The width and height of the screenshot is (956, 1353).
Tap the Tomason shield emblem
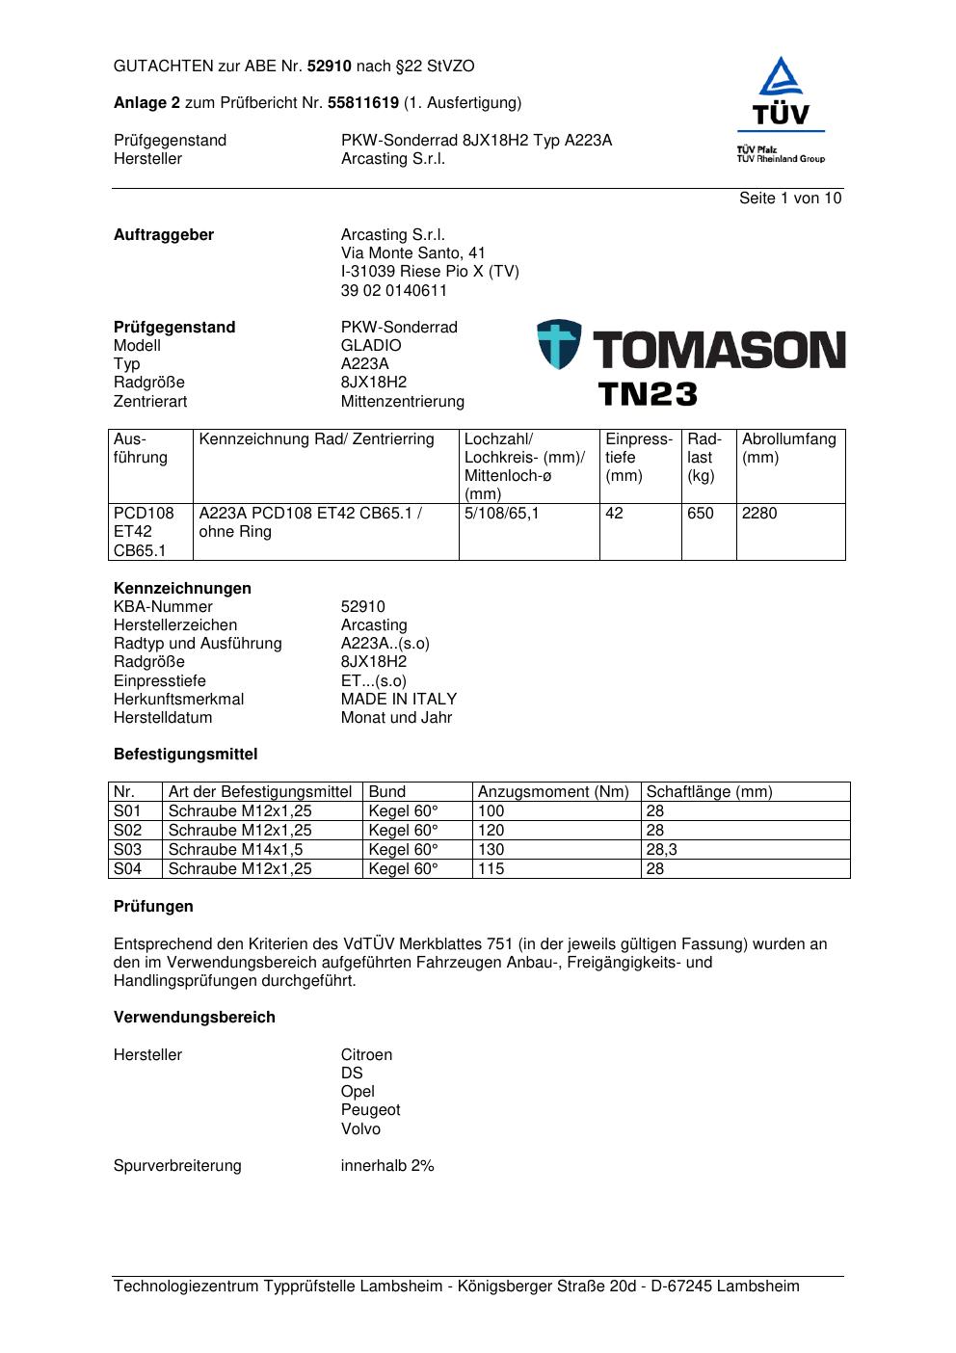(559, 345)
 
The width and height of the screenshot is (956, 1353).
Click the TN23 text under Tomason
(647, 394)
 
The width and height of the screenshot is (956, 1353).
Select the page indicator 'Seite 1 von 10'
(790, 199)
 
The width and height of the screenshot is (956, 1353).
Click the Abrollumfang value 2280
(759, 514)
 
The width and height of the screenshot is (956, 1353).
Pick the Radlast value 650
(701, 514)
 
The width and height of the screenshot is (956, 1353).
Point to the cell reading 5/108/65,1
(502, 514)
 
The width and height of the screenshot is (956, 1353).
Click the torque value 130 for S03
(491, 850)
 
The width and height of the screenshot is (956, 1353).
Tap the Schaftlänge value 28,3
(662, 850)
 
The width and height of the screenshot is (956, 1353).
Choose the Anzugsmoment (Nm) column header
(553, 792)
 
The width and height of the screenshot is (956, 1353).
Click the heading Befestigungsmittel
(186, 755)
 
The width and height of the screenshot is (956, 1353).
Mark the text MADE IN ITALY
(399, 700)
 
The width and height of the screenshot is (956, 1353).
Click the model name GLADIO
(371, 346)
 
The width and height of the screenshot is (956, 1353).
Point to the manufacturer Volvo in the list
(360, 1129)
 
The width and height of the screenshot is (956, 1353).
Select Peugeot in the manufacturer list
(370, 1110)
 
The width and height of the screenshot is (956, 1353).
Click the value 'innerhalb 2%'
(387, 1166)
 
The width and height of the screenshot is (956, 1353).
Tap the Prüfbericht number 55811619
(363, 103)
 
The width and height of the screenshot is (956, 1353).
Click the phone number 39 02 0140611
(394, 291)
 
